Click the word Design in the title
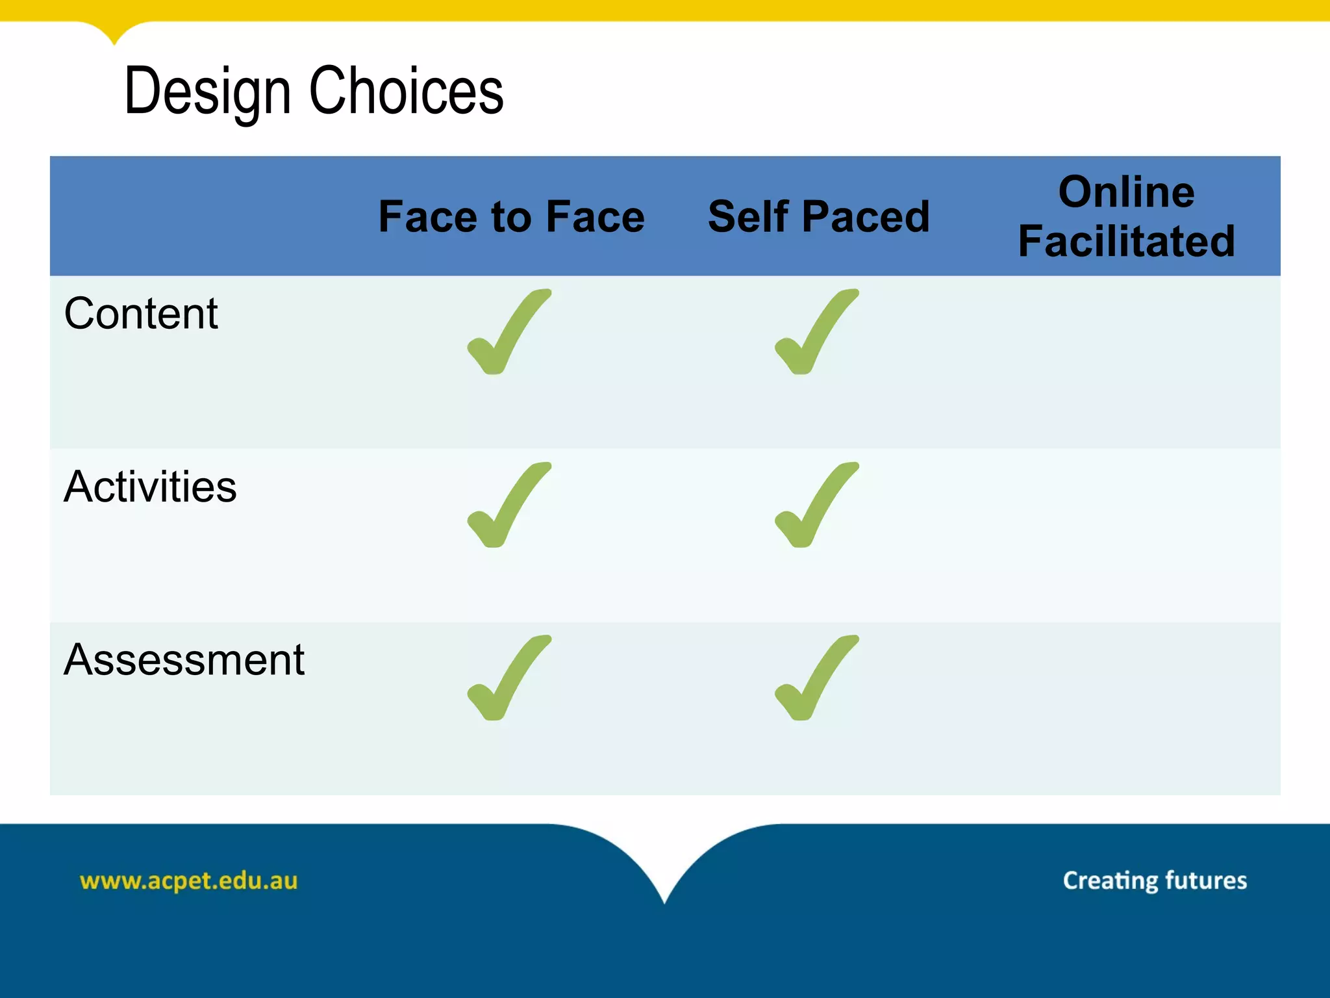207,92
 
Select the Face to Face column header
511,216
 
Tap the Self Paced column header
818,216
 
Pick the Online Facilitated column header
1126,216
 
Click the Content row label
141,314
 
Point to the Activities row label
150,487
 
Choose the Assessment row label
184,660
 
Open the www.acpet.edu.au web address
188,881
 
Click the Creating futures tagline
1155,881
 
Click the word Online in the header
1126,192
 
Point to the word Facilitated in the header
1126,242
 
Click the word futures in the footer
1206,881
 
